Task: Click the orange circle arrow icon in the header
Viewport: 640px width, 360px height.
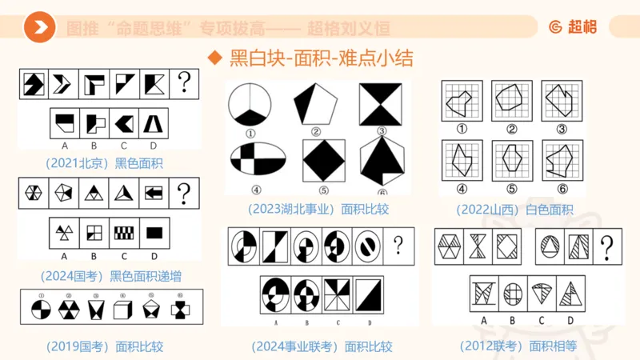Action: (x=39, y=28)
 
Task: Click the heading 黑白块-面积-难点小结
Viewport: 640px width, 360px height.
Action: (x=321, y=58)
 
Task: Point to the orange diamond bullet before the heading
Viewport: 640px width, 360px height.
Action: (x=214, y=58)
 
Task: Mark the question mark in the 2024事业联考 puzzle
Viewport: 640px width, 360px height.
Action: (x=398, y=245)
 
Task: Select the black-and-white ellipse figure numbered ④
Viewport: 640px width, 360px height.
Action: (x=258, y=160)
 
